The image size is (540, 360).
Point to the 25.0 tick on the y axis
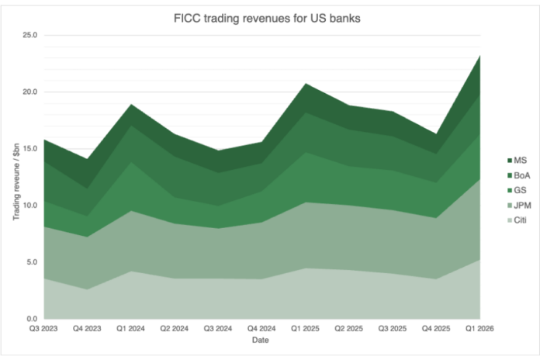point(29,36)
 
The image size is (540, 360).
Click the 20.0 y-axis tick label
point(29,92)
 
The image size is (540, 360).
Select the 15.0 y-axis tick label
point(29,149)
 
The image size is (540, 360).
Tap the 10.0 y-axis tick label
point(29,206)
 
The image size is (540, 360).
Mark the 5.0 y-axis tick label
point(31,262)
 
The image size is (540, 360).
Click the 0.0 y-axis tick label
point(31,319)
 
